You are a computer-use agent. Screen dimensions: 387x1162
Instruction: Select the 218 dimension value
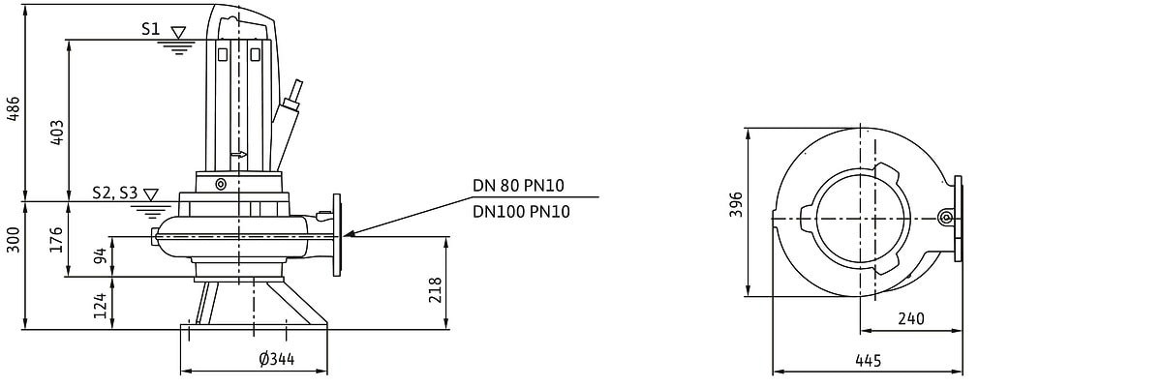436,289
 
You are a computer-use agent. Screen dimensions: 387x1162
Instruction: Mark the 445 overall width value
869,361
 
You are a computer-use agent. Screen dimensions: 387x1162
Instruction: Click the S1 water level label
150,30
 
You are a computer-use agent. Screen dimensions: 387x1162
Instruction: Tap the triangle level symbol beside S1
177,33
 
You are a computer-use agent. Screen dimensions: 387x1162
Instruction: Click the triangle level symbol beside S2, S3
149,196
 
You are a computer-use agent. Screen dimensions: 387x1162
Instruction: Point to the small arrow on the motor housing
239,153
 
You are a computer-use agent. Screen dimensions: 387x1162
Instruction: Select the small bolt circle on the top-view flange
946,218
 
